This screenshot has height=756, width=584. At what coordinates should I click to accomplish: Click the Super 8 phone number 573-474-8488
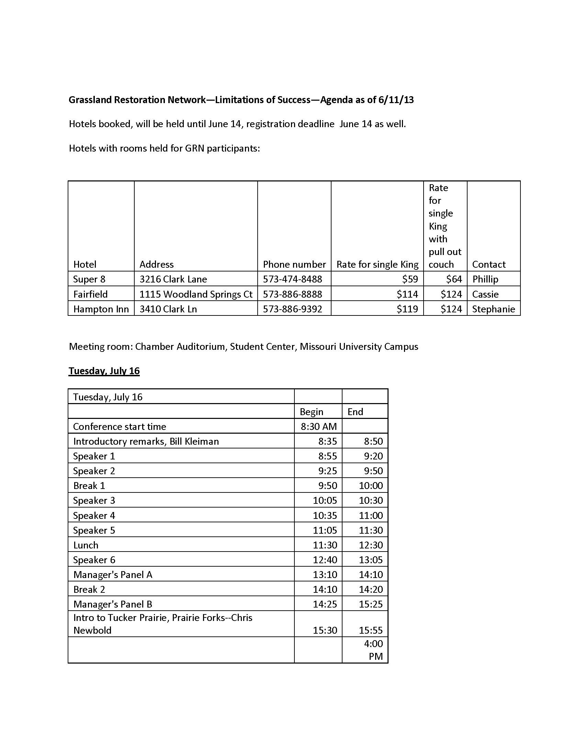292,279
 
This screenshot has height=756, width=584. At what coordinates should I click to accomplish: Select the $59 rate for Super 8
410,279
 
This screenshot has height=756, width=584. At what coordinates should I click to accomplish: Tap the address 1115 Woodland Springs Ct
196,294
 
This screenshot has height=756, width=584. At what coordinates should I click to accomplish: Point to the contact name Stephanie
493,309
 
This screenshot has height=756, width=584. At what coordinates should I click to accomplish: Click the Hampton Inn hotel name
101,309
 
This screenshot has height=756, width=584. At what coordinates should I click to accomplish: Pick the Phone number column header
294,265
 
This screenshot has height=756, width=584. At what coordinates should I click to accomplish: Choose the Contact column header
488,265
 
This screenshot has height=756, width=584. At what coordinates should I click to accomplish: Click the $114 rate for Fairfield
407,294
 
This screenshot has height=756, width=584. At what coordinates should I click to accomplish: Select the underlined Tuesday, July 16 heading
104,371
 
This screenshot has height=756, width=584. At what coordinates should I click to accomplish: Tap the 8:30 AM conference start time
319,426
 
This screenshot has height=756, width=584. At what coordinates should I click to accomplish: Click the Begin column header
311,412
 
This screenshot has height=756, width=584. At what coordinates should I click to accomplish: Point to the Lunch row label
86,545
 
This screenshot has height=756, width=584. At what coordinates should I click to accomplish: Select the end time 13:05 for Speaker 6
371,560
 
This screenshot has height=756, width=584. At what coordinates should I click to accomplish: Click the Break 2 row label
89,589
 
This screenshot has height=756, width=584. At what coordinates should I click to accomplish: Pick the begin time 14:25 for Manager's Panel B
325,604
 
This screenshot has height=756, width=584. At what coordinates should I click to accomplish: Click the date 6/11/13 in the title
396,100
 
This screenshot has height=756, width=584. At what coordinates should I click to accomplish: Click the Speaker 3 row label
94,501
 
